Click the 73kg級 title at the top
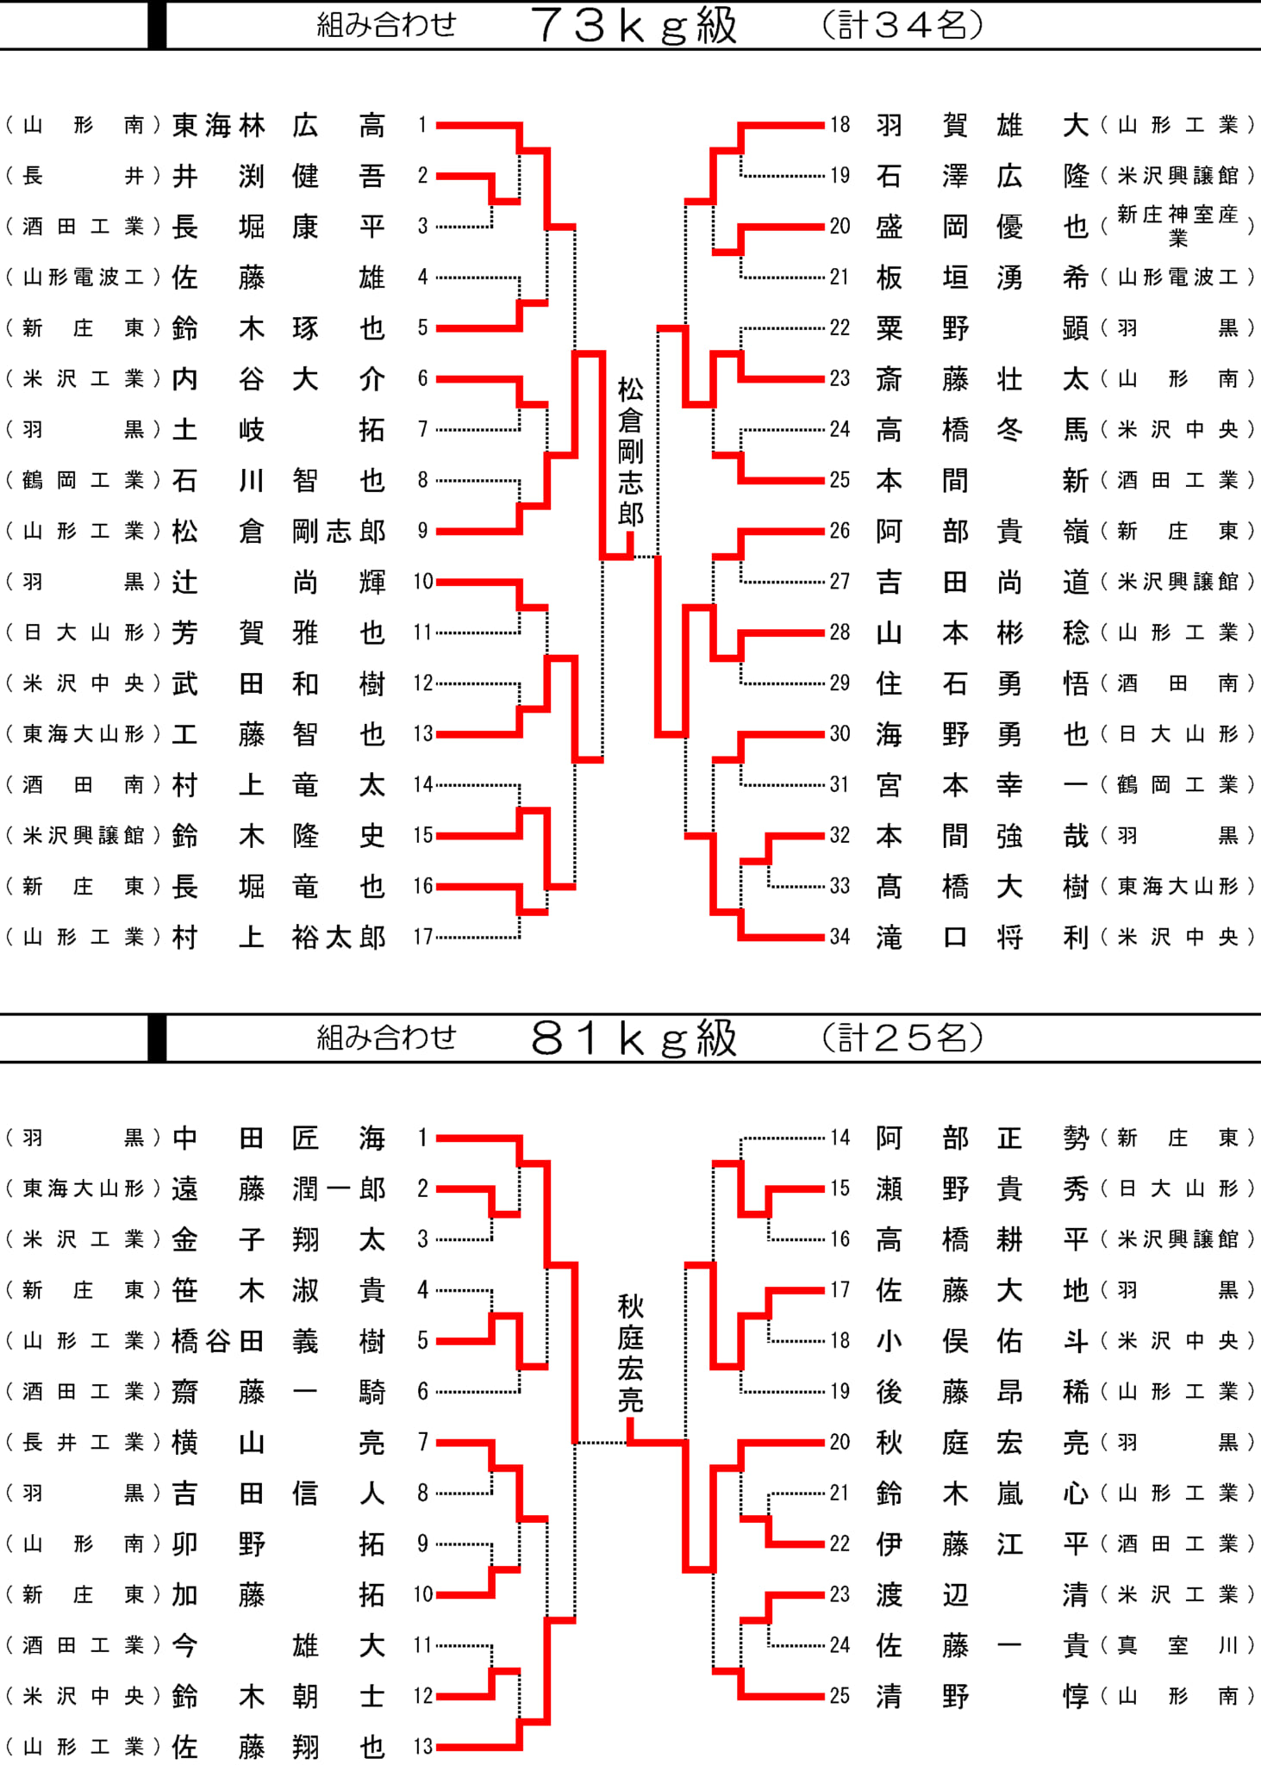tap(634, 25)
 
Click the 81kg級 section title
tap(634, 1038)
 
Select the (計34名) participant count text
tap(902, 25)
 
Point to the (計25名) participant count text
tap(902, 1038)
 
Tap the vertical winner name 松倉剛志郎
tap(631, 452)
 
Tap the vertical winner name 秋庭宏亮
tap(631, 1354)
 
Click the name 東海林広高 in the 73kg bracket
tap(279, 126)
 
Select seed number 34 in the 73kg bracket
tap(840, 937)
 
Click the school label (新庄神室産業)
tap(1177, 226)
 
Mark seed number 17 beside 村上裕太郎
tap(422, 937)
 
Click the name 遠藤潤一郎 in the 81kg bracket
tap(279, 1189)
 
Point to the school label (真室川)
tap(1177, 1645)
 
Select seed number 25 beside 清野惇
tap(840, 1696)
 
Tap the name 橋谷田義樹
tap(279, 1341)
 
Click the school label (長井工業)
tap(83, 1443)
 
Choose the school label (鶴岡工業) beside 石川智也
tap(83, 480)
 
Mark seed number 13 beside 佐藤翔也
tap(422, 1747)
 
